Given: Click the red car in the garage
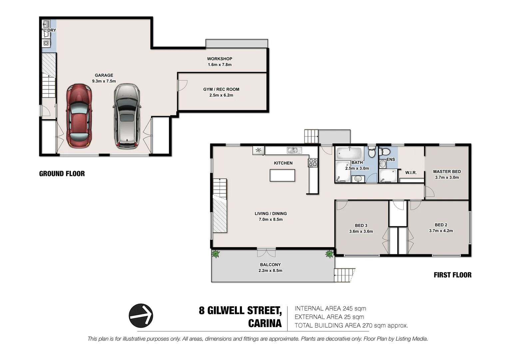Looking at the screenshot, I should pos(79,115).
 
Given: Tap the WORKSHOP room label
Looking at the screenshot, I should pos(220,59).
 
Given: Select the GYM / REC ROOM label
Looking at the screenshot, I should pos(221,89).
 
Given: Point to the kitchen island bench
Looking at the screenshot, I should pos(282,175).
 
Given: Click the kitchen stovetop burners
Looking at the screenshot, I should pos(312,163).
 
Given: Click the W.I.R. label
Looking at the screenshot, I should pos(411,173).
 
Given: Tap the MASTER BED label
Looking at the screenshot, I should pos(447,172).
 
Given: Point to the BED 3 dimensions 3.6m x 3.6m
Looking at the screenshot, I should pos(361,231).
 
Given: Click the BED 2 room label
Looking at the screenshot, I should pos(441,225).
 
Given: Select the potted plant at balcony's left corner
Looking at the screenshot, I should pos(216,254).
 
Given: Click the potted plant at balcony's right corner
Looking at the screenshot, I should pos(329,254).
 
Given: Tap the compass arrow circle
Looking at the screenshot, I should pos(141,315).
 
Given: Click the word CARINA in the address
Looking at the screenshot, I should pos(265,323).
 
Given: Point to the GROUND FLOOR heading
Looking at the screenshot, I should pos(62,174).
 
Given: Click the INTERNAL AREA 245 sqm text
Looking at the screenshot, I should pos(330,309).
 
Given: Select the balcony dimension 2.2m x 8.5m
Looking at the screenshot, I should pos(270,271).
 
